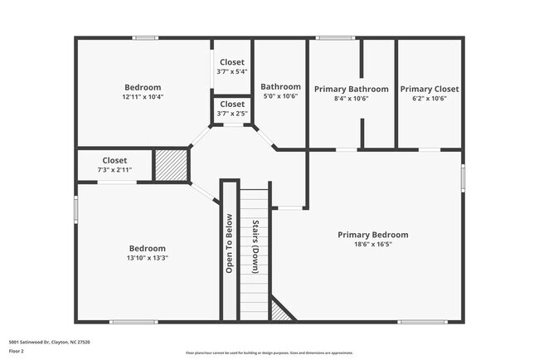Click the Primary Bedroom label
372,235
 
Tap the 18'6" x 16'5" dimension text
372,245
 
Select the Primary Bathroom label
351,89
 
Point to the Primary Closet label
429,89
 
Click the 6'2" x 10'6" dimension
429,98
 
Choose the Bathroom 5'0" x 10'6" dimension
280,96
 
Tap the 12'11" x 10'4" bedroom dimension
143,97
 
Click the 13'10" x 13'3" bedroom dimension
148,258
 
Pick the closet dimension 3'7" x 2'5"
231,113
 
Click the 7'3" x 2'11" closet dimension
114,170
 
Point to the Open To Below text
230,243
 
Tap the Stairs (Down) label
255,247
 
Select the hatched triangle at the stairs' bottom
283,311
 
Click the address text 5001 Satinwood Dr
49,342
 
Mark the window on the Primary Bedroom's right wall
462,178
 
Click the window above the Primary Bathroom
334,38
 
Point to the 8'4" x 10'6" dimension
351,98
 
